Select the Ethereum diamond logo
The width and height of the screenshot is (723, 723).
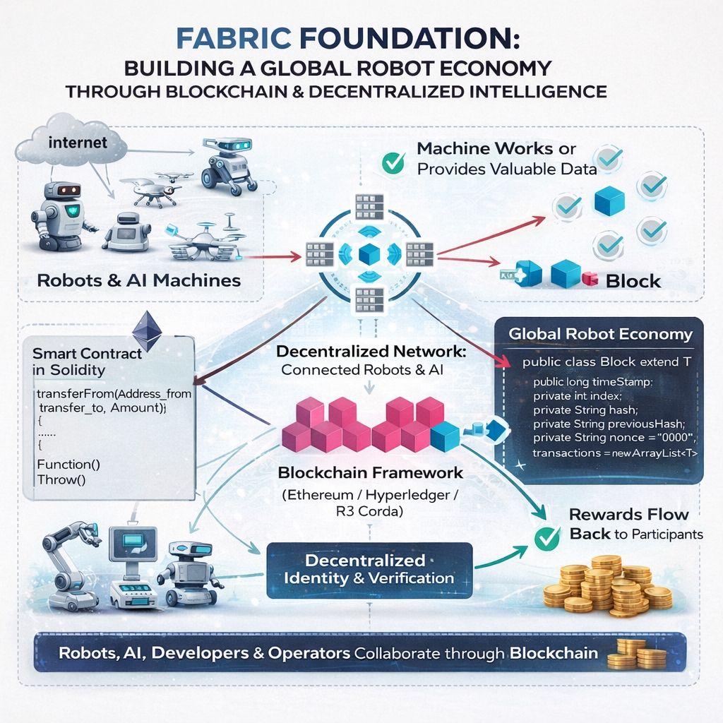point(147,325)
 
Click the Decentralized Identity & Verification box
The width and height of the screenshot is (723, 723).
point(369,569)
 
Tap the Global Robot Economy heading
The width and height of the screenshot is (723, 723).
point(600,334)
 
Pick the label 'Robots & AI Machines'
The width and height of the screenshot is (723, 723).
point(139,280)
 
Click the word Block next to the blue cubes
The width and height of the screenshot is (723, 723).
point(633,280)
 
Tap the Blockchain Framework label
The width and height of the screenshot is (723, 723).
point(371,472)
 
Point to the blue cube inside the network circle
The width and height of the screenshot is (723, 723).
point(369,252)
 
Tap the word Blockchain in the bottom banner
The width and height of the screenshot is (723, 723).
point(555,653)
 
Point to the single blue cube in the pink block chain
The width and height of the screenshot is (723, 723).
point(444,436)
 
